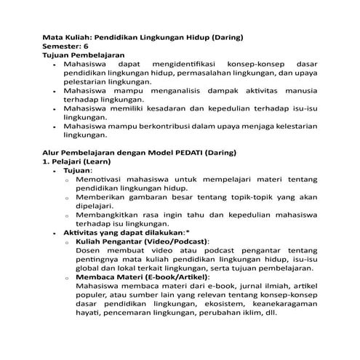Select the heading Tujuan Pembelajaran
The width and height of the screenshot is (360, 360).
(x=84, y=55)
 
